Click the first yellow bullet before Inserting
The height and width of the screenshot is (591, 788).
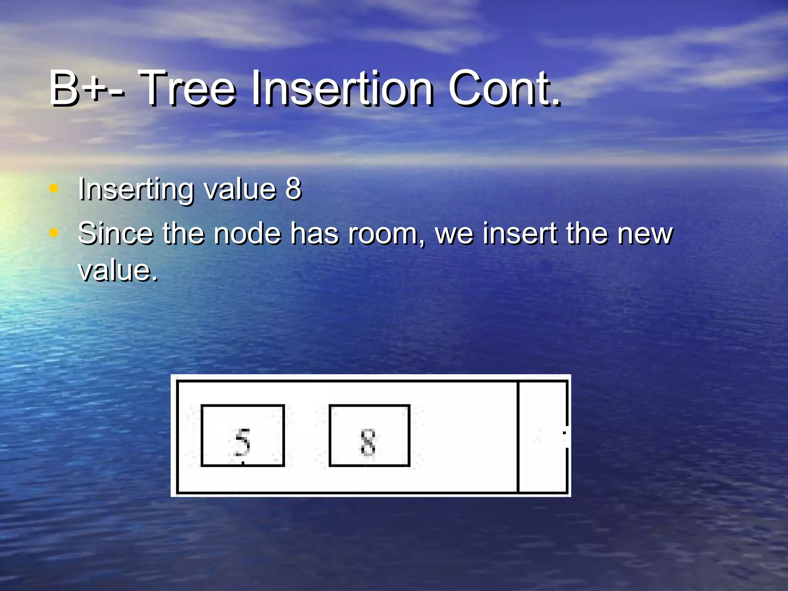pyautogui.click(x=54, y=188)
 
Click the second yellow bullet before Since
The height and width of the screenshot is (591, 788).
pyautogui.click(x=54, y=232)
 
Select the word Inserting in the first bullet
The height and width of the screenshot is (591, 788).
pyautogui.click(x=136, y=190)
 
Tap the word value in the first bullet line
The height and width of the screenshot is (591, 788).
pyautogui.click(x=239, y=189)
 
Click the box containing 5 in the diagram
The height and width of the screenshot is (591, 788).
pyautogui.click(x=242, y=436)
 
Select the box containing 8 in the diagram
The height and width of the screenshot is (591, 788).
pyautogui.click(x=369, y=436)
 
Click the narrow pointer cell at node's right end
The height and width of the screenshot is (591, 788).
pyautogui.click(x=543, y=436)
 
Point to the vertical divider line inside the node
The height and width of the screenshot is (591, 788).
pyautogui.click(x=518, y=436)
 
